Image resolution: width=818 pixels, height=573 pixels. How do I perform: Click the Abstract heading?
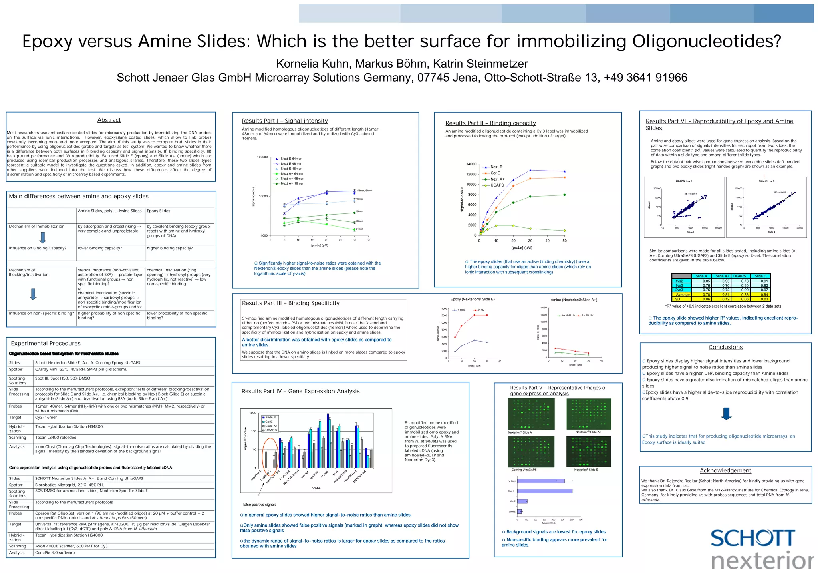pos(109,120)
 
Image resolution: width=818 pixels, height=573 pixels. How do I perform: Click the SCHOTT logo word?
pos(753,539)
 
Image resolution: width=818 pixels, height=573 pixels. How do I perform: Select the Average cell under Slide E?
pos(760,295)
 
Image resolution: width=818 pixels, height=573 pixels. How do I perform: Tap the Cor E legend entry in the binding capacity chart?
pos(495,173)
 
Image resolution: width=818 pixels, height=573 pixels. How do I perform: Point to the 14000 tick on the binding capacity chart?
pos(471,164)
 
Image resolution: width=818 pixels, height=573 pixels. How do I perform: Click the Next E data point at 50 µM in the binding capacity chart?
pos(564,171)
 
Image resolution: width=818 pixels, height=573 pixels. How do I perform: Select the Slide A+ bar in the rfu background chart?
pos(545,491)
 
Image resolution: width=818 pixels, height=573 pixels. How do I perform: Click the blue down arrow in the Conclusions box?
pos(726,414)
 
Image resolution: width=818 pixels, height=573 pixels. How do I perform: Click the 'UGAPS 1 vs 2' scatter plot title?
pos(684,181)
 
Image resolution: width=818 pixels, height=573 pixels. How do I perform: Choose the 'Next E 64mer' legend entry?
pos(291,159)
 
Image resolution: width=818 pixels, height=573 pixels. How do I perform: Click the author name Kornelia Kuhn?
pos(312,64)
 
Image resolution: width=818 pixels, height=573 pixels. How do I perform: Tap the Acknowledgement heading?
pos(725,471)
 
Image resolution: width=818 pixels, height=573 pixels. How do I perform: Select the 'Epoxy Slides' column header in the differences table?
pos(159,211)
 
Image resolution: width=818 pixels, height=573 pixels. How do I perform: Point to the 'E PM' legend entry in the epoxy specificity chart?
pos(480,310)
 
